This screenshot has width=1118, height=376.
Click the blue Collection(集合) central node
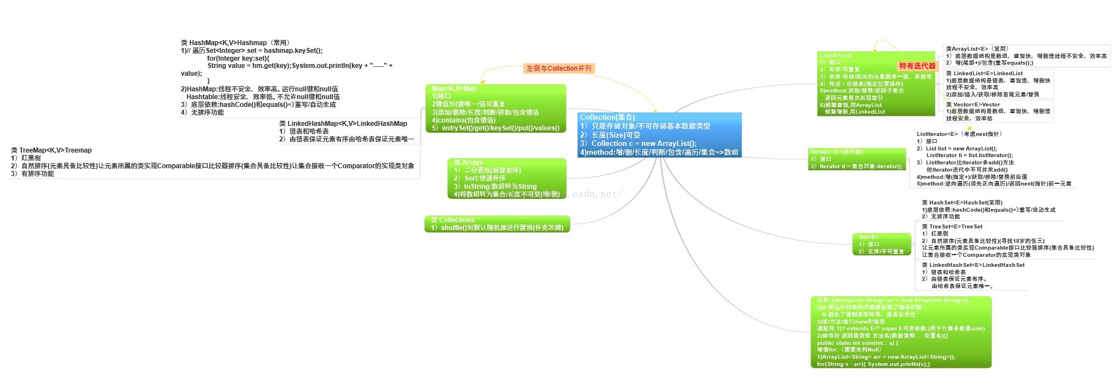(660, 135)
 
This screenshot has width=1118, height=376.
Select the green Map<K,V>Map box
(495, 108)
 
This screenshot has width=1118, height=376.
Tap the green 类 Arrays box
(506, 178)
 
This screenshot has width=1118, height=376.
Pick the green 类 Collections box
(497, 224)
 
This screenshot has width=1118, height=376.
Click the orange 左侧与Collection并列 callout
(559, 69)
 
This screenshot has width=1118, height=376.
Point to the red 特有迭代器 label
(917, 66)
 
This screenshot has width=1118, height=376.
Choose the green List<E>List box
(875, 84)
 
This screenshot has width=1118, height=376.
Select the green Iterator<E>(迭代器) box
(856, 159)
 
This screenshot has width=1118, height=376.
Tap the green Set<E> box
(881, 244)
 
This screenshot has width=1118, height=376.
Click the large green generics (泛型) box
(901, 332)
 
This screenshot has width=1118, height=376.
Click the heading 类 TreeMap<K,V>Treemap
(51, 150)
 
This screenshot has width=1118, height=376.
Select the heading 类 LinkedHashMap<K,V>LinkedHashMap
(343, 124)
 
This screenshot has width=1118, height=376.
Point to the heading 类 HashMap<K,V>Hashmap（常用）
(235, 43)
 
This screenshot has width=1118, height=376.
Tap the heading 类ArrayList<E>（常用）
(977, 49)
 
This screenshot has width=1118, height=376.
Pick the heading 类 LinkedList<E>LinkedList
(984, 74)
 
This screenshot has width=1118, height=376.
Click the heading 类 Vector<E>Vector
(973, 105)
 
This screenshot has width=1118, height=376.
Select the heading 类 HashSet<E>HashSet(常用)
(962, 203)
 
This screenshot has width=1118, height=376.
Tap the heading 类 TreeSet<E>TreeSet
(952, 227)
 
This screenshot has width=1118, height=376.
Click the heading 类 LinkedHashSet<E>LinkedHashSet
(973, 265)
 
